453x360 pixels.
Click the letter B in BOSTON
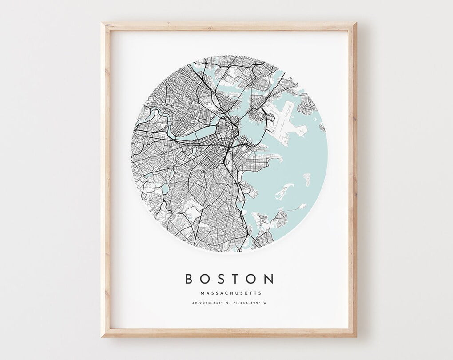coord(189,279)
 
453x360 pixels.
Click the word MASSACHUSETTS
coord(231,293)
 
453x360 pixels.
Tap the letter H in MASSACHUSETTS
coord(234,293)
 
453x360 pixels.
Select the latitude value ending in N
coord(211,303)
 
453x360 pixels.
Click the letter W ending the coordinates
coord(268,303)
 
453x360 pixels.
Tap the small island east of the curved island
coord(306,180)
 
